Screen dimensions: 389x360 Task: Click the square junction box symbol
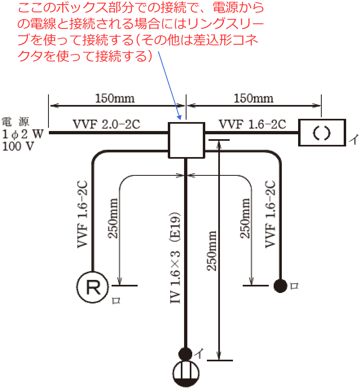[x=186, y=140]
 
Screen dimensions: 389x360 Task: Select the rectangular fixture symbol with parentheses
[x=322, y=133]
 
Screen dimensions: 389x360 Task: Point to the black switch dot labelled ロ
[x=280, y=286]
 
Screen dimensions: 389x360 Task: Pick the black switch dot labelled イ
[x=185, y=353]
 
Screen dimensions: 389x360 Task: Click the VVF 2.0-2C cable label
[x=106, y=125]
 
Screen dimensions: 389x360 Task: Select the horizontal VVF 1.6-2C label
[x=252, y=125]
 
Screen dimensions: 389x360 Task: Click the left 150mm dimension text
[x=115, y=98]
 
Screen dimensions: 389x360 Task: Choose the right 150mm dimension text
[x=254, y=98]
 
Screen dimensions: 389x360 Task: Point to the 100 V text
[x=19, y=146]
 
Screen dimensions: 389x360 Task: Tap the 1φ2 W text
[x=23, y=134]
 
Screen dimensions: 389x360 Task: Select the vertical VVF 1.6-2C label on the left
[x=82, y=214]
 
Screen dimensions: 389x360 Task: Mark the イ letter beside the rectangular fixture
[x=353, y=141]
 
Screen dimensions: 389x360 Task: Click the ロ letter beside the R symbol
[x=116, y=301]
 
